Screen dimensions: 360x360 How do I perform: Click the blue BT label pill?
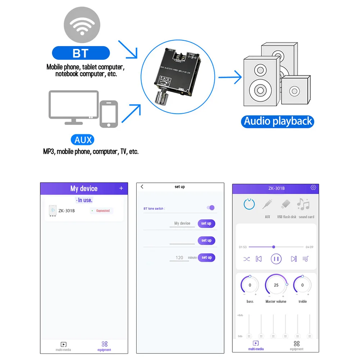(x=81, y=53)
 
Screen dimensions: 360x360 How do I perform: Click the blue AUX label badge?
(x=83, y=140)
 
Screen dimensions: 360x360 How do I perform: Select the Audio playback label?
(x=278, y=121)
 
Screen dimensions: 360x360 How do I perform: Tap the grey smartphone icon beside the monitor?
(x=109, y=114)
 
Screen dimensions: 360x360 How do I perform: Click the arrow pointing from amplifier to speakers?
(x=230, y=77)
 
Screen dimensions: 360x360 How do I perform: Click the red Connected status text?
(x=103, y=211)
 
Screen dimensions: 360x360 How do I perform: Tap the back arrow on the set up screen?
(x=142, y=187)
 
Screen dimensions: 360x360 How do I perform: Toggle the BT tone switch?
(x=211, y=208)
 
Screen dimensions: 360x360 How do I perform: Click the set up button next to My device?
(x=206, y=223)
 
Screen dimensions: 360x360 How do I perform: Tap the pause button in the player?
(x=276, y=259)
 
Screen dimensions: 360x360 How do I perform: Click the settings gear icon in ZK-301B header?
(x=313, y=188)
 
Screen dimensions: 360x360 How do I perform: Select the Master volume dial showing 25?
(x=276, y=285)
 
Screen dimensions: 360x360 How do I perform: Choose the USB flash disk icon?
(x=286, y=205)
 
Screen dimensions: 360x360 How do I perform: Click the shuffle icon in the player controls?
(x=247, y=259)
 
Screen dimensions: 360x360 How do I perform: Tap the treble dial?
(x=302, y=285)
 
